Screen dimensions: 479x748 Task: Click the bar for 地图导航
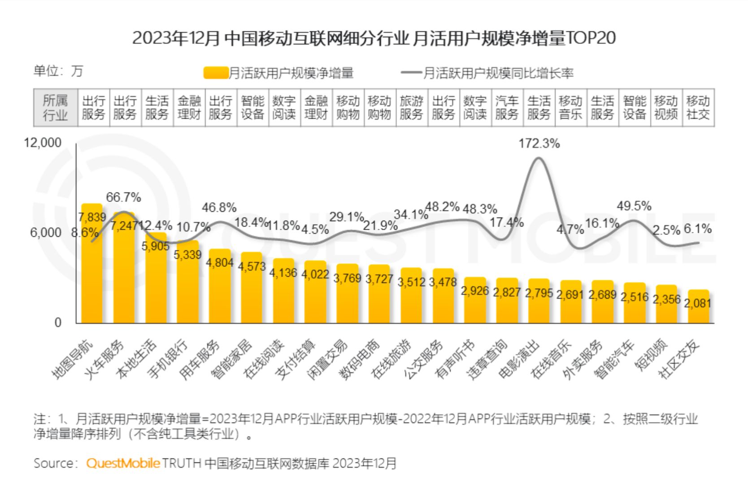click(x=91, y=269)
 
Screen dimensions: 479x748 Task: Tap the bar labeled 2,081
click(x=698, y=309)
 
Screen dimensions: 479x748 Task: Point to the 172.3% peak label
click(x=539, y=144)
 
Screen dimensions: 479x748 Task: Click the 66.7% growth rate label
click(x=123, y=197)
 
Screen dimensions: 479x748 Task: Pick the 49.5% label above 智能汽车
click(x=634, y=206)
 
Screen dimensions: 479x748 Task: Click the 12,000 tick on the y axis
click(x=43, y=143)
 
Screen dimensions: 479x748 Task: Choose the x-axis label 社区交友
click(x=679, y=359)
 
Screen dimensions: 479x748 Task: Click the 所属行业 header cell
click(x=55, y=108)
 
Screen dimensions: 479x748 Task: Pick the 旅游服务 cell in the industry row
click(x=411, y=108)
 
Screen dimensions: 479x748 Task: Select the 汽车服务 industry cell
click(x=507, y=108)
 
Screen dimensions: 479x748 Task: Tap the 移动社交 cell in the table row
click(x=698, y=108)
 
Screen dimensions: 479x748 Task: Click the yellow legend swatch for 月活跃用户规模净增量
click(x=216, y=73)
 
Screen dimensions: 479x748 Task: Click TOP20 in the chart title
click(x=591, y=38)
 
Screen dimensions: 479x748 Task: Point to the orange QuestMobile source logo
click(x=123, y=463)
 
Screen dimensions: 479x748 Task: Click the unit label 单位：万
click(x=58, y=71)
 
